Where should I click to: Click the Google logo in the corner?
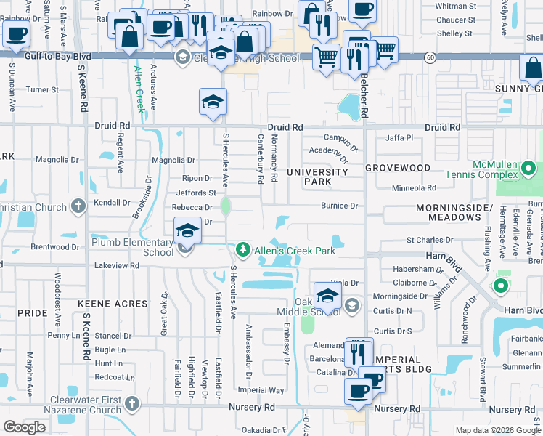(x=25, y=427)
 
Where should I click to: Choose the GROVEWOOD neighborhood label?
(x=397, y=168)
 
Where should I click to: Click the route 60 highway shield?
(x=430, y=56)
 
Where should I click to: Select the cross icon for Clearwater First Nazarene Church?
(x=132, y=403)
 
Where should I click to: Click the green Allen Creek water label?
(x=139, y=88)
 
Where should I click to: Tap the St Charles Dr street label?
(x=429, y=239)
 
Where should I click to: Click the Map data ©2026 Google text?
(x=498, y=430)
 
